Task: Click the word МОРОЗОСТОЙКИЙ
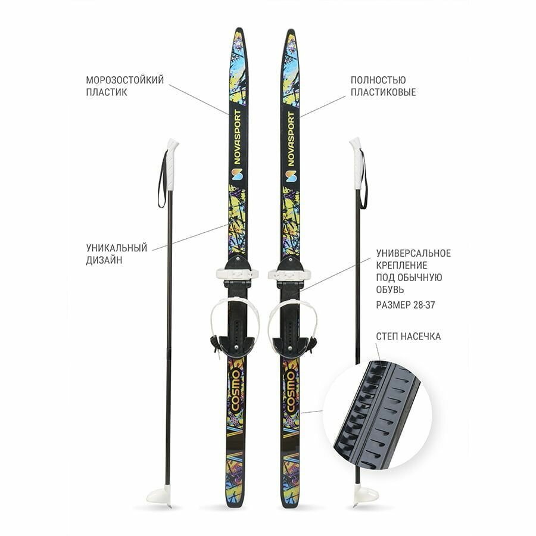click(x=124, y=80)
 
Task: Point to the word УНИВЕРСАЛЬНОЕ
click(x=413, y=253)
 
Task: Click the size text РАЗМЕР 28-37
click(x=408, y=305)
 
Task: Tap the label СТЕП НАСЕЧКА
click(x=408, y=336)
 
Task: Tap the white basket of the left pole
click(x=160, y=494)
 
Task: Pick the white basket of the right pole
click(x=364, y=494)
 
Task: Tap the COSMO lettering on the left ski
click(x=235, y=391)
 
